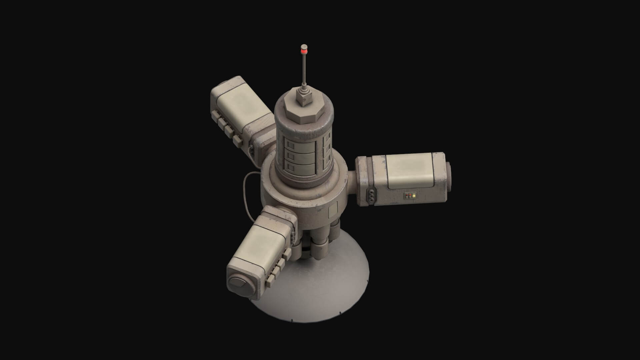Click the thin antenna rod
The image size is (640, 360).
click(x=304, y=70)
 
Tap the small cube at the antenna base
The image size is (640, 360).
click(x=303, y=96)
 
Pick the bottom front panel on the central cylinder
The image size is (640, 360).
click(x=299, y=166)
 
